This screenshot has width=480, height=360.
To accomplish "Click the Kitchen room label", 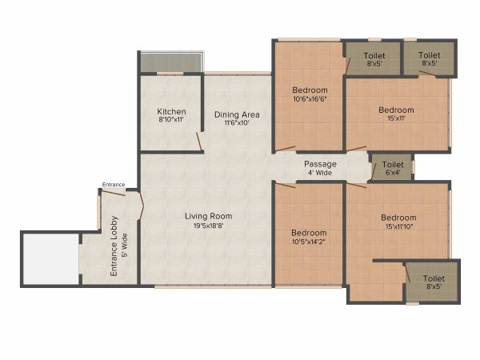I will [171, 111].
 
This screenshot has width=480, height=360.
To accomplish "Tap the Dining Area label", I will [236, 114].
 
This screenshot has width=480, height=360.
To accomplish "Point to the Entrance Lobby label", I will [114, 246].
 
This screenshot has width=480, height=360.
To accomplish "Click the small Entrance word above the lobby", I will [114, 185].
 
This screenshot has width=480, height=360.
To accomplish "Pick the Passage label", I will [320, 164].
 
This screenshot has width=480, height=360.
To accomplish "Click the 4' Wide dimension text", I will [320, 173].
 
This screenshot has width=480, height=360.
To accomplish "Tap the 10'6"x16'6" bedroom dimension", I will [308, 98].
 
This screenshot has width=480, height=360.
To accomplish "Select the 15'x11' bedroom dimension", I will [396, 118].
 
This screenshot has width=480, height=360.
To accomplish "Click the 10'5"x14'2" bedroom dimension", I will [308, 241].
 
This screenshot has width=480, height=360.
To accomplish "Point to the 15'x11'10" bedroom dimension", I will [398, 226].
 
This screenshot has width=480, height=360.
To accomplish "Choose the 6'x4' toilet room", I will [392, 167].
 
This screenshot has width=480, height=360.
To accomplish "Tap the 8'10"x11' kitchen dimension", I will [171, 120].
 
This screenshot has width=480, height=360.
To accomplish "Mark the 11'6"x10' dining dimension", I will [236, 124].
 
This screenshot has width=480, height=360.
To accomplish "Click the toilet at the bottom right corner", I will [433, 282].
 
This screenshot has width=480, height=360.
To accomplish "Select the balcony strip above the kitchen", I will [171, 62].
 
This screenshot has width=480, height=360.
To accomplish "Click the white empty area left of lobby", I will [48, 258].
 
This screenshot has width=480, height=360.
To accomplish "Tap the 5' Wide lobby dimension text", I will [125, 246].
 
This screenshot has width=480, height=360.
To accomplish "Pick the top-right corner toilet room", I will [430, 58].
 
